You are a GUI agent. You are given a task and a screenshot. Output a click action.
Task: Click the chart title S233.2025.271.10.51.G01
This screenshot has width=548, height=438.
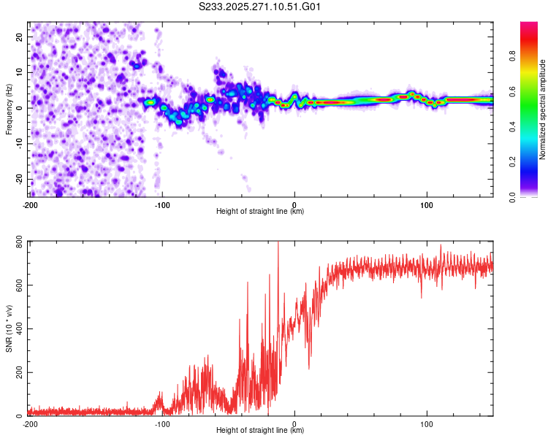[x=260, y=7]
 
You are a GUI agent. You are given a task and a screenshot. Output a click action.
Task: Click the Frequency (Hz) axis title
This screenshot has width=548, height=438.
[x=9, y=109]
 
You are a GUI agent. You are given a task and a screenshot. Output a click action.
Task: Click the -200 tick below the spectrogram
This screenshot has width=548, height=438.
[x=30, y=204]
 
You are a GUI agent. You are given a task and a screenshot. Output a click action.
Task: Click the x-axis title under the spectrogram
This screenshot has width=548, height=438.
[x=260, y=212]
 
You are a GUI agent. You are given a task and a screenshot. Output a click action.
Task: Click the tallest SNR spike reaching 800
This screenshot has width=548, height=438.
[x=278, y=245]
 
